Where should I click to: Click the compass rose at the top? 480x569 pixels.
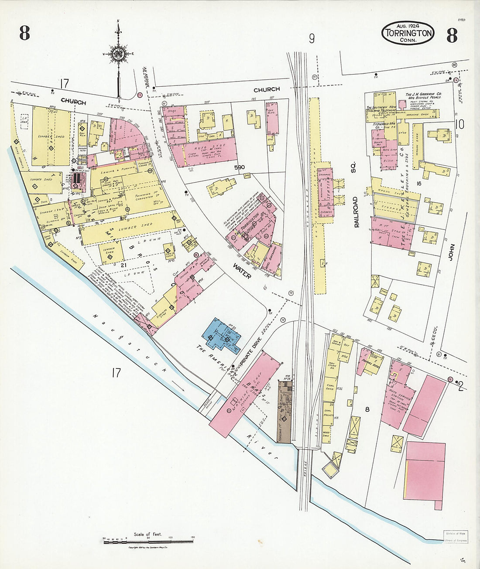[118, 54]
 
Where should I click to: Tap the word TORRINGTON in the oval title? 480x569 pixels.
[408, 33]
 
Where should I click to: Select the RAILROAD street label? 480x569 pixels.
[356, 212]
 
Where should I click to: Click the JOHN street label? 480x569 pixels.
[452, 252]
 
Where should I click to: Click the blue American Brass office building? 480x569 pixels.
[221, 336]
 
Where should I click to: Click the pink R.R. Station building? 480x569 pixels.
[326, 192]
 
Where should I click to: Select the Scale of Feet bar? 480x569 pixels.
[148, 541]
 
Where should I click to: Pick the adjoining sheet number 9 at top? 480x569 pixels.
[312, 39]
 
